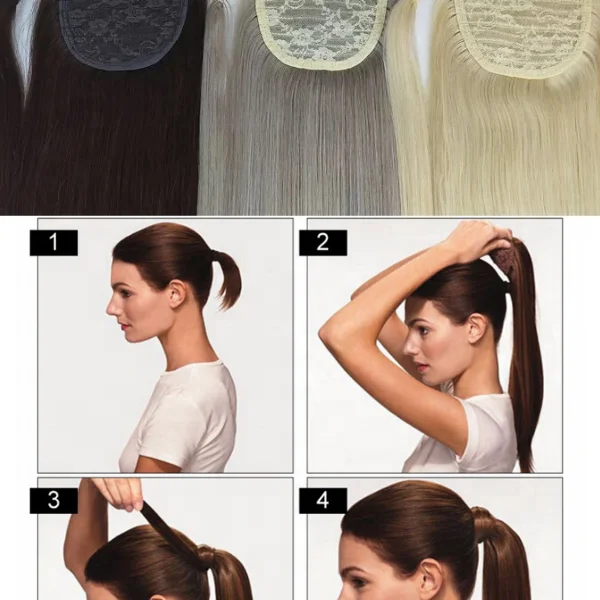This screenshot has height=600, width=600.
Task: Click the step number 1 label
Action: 53,242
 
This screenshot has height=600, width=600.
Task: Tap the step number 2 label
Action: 322,242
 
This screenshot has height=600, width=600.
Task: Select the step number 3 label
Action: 53,500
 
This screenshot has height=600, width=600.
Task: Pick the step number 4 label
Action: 322,500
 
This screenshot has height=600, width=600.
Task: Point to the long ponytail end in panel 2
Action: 526,440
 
